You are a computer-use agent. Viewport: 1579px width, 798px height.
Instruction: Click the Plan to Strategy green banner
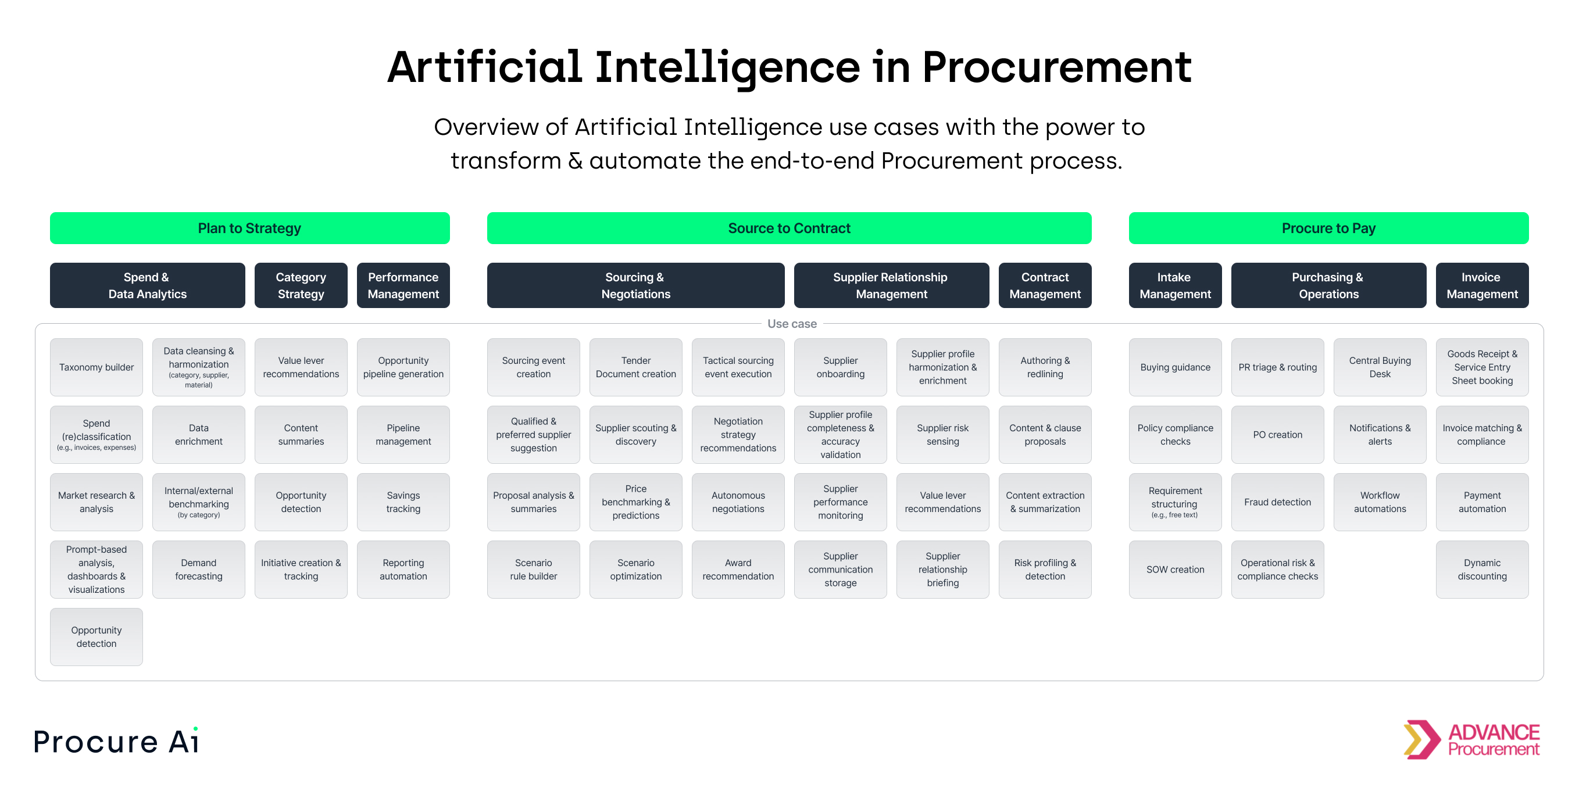click(249, 228)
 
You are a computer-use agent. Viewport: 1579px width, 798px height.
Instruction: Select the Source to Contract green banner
click(789, 228)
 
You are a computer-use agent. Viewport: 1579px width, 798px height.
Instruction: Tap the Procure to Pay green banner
click(1328, 228)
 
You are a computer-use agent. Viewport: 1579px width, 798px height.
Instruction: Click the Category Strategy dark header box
click(301, 285)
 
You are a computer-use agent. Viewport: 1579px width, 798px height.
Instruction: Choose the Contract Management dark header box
click(1045, 285)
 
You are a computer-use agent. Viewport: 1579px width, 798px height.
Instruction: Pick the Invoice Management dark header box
click(1481, 285)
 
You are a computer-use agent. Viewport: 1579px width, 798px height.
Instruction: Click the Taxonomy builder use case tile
click(97, 367)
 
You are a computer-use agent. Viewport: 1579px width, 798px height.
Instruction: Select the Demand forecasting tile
click(199, 570)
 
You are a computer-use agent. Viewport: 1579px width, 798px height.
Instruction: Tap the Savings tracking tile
click(403, 502)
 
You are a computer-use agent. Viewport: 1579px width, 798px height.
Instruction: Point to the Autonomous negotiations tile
click(738, 502)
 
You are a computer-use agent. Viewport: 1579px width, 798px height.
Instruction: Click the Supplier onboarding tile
click(841, 367)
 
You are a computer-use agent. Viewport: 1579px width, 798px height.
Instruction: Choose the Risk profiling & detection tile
click(1045, 570)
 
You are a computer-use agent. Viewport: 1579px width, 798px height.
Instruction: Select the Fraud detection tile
click(1277, 502)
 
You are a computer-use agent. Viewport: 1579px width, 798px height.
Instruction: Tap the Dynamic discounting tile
click(1481, 570)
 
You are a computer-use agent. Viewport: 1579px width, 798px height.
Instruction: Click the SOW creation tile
click(1175, 570)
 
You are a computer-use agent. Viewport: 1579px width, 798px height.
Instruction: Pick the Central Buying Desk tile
click(1380, 367)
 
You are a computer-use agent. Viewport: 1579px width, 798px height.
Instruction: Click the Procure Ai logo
click(116, 742)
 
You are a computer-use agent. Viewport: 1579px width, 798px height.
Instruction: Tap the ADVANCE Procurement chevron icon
click(1421, 739)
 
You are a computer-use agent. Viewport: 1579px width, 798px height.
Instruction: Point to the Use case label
click(791, 324)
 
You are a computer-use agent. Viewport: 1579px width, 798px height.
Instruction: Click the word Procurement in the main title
click(1056, 67)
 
